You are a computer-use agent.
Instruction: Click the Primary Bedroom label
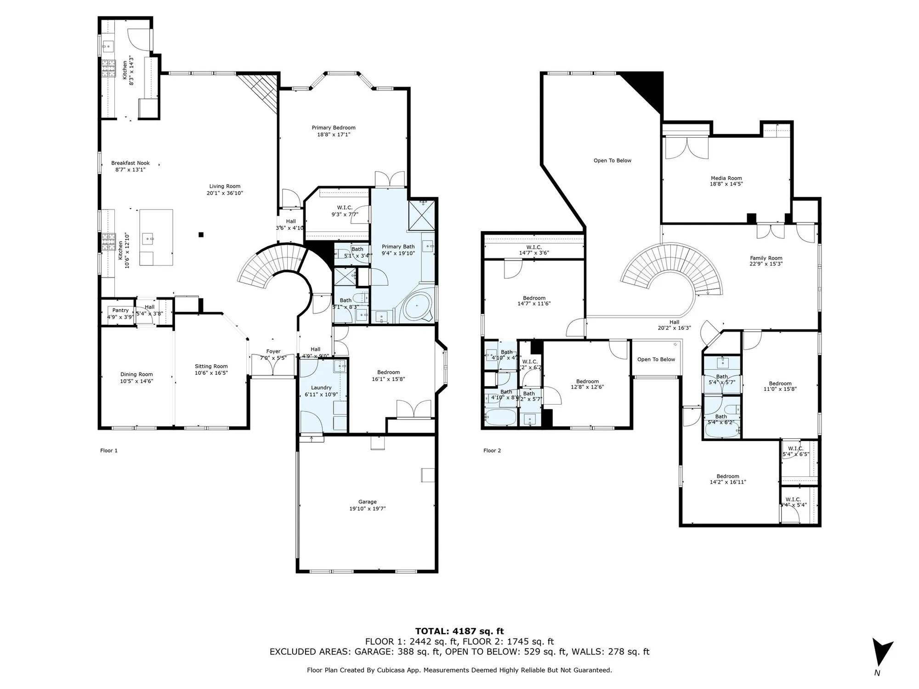[x=333, y=128]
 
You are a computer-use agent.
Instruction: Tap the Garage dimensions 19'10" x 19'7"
[x=367, y=508]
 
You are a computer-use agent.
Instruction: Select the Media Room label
[x=726, y=178]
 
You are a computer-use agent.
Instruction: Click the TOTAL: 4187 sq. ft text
[x=459, y=631]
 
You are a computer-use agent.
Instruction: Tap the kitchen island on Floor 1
[x=156, y=237]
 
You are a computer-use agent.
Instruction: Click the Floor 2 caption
[x=492, y=451]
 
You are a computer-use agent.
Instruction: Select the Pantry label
[x=120, y=311]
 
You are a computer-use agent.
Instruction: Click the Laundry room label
[x=321, y=388]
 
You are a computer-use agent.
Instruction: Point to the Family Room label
[x=766, y=258]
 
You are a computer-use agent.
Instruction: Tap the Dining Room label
[x=136, y=374]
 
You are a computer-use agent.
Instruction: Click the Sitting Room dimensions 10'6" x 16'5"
[x=211, y=373]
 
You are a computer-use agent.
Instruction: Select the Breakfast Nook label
[x=130, y=163]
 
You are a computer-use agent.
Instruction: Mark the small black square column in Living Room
[x=201, y=235]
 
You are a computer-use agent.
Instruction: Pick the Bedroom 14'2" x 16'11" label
[x=727, y=476]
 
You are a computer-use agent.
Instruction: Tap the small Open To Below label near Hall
[x=656, y=359]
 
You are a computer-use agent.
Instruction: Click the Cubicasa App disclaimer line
[x=459, y=670]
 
